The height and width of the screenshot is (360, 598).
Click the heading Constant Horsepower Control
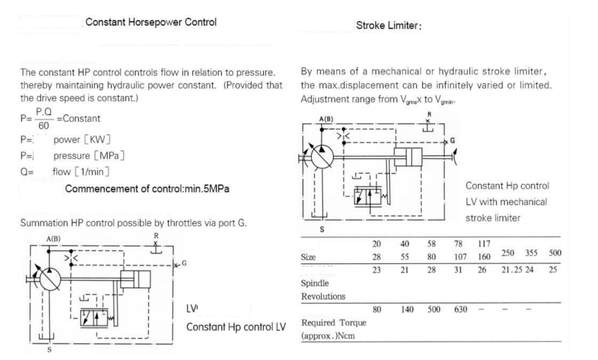pyautogui.click(x=152, y=23)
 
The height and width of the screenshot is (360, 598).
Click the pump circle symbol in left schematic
pyautogui.click(x=51, y=279)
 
